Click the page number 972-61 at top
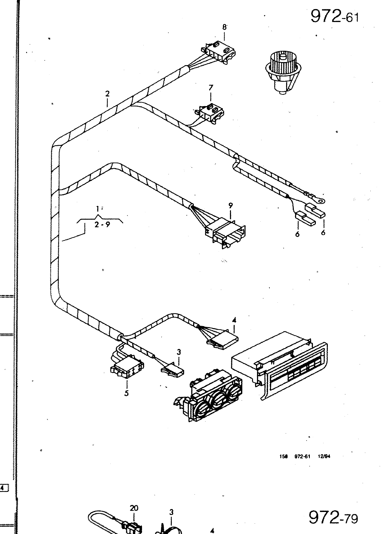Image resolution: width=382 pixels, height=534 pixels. point(335,16)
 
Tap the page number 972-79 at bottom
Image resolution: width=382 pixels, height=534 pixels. point(333,518)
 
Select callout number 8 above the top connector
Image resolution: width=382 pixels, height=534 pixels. point(225,27)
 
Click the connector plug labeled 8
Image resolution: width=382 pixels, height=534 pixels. point(219,52)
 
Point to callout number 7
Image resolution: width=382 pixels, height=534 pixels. point(211,88)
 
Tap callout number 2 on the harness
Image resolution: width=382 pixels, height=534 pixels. point(107,94)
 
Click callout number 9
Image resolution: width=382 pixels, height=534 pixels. point(231,206)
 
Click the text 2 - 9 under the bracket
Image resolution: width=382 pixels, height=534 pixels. point(102,225)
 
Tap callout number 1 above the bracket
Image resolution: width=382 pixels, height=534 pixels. point(97,209)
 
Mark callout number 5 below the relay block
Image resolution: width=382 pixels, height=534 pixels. point(126,393)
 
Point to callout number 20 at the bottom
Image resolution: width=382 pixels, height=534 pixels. point(134,508)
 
